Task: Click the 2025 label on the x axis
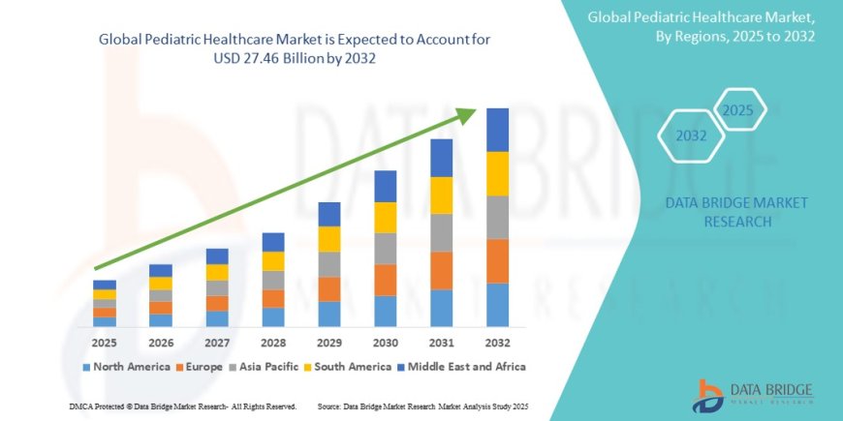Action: [105, 342]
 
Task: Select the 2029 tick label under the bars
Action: [329, 342]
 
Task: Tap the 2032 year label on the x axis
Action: [497, 342]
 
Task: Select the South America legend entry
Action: [347, 367]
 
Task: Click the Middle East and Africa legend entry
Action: [465, 367]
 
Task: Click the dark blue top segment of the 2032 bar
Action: [497, 130]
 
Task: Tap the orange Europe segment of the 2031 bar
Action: [442, 270]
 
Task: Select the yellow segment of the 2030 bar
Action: [386, 217]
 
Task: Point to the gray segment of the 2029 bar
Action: [329, 264]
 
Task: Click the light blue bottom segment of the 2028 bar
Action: [273, 316]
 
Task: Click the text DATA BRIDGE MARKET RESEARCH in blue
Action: [737, 212]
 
